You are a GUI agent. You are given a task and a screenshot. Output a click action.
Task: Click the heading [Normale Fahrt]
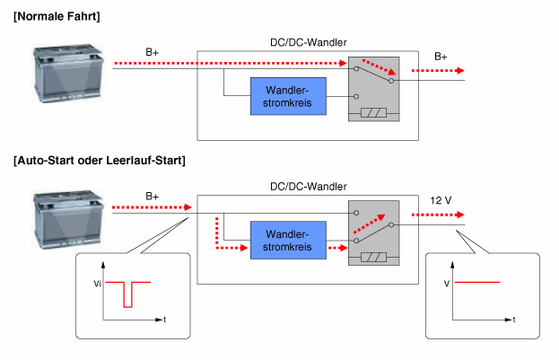coord(57,17)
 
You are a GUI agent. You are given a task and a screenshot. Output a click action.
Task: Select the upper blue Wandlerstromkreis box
coord(288,96)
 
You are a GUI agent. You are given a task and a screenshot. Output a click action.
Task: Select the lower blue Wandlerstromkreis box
coord(288,239)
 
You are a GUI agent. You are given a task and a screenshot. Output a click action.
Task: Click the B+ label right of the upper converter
coord(441,56)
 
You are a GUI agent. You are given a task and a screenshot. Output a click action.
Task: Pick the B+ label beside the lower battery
coord(152,196)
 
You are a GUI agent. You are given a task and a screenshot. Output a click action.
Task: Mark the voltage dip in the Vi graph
coord(127,294)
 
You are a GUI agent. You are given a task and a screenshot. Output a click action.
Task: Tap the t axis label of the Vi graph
coord(165,319)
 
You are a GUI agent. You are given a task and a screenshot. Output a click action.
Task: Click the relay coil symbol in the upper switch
coord(372,114)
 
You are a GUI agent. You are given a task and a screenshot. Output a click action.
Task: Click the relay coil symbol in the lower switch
coord(372,259)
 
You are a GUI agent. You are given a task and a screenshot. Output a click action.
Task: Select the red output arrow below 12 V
coord(438,215)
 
